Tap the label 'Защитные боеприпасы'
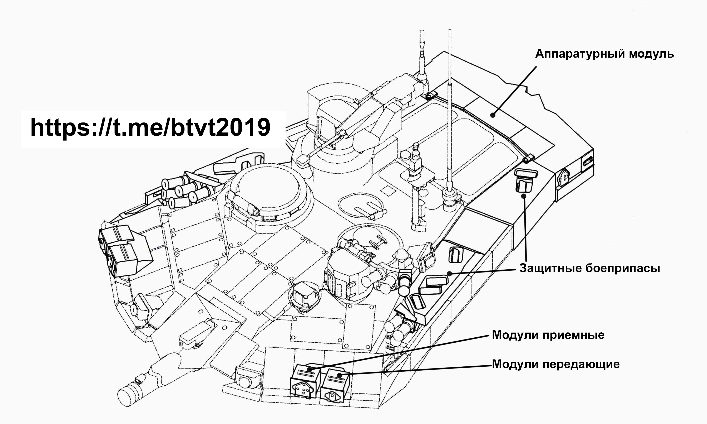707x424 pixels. (589, 268)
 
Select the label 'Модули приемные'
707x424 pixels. (548, 335)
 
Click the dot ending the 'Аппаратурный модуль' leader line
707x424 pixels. (493, 115)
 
